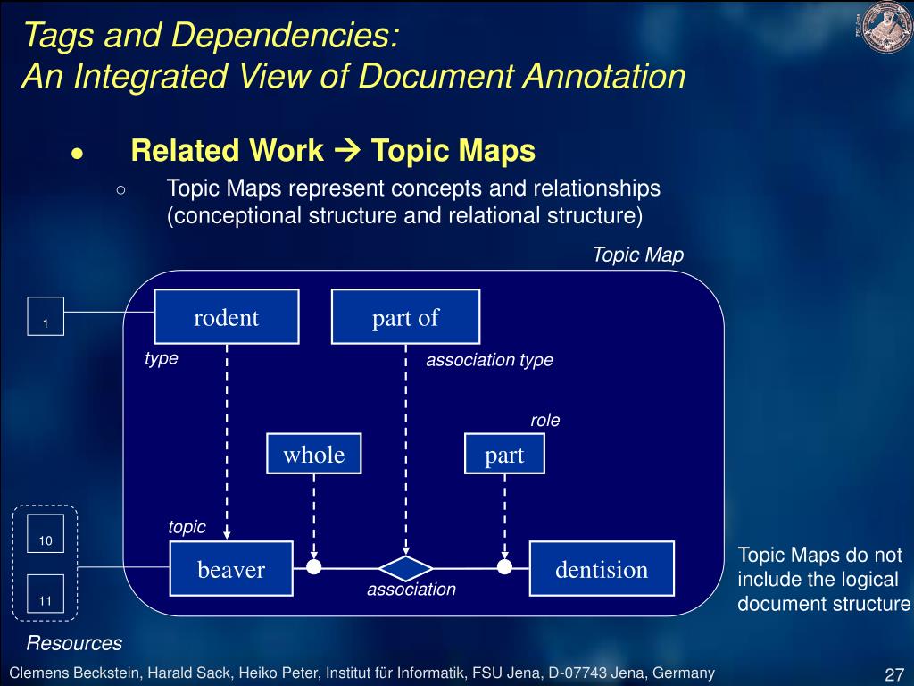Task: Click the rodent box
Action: [x=227, y=317]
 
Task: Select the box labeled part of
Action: [x=405, y=317]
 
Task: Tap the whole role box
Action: [x=314, y=455]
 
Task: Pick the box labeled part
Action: [x=504, y=455]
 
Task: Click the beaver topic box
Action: [x=231, y=569]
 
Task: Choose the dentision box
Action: [x=602, y=569]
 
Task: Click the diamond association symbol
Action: [x=406, y=568]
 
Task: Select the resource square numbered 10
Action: [x=46, y=533]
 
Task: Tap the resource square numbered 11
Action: [x=46, y=593]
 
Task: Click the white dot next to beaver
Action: [x=313, y=567]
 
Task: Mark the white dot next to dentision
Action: [x=504, y=567]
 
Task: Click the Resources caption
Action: [x=74, y=643]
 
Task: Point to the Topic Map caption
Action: [x=637, y=255]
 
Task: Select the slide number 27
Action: [x=893, y=673]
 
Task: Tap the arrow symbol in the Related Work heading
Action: [x=346, y=151]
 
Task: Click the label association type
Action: [x=489, y=360]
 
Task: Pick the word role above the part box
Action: [x=545, y=420]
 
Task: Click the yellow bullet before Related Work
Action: [x=78, y=153]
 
